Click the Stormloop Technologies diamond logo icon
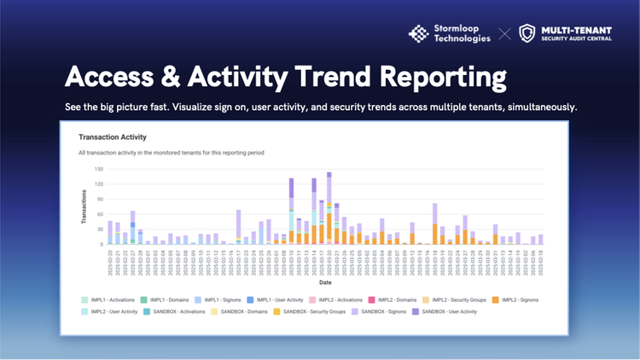coord(419,33)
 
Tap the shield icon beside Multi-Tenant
coord(527,33)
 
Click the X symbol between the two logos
coord(505,34)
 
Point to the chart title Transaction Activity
coord(113,136)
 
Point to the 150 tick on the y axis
coord(98,169)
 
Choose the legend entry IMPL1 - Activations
coord(112,299)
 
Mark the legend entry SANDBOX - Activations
coord(179,311)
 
